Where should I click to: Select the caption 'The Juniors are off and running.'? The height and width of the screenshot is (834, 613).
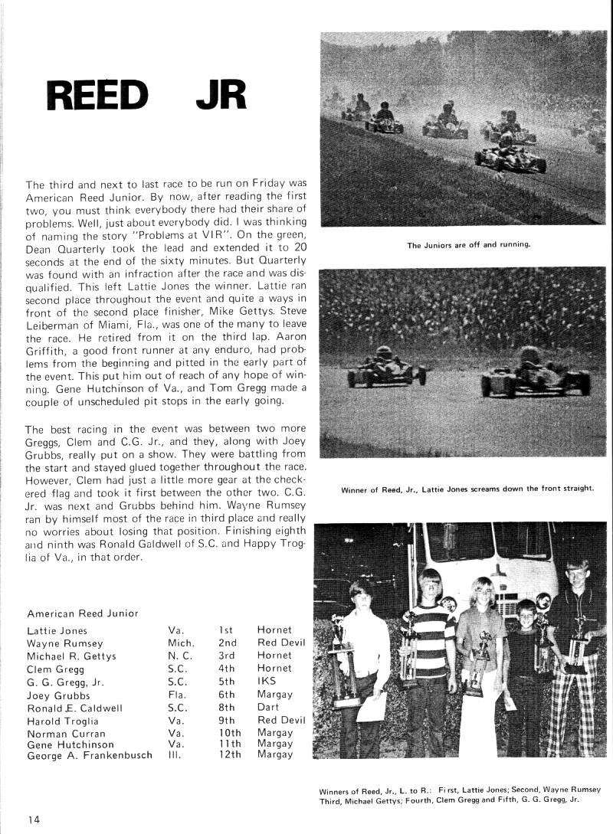(469, 246)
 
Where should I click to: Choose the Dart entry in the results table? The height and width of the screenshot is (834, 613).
(268, 708)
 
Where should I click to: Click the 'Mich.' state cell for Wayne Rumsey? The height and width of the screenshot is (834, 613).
(181, 643)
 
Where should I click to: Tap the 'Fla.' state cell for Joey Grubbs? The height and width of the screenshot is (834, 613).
(177, 695)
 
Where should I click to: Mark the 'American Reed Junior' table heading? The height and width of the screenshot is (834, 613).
(83, 613)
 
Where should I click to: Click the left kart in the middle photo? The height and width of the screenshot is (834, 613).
(385, 368)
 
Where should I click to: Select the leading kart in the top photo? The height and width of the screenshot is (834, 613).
(510, 153)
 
